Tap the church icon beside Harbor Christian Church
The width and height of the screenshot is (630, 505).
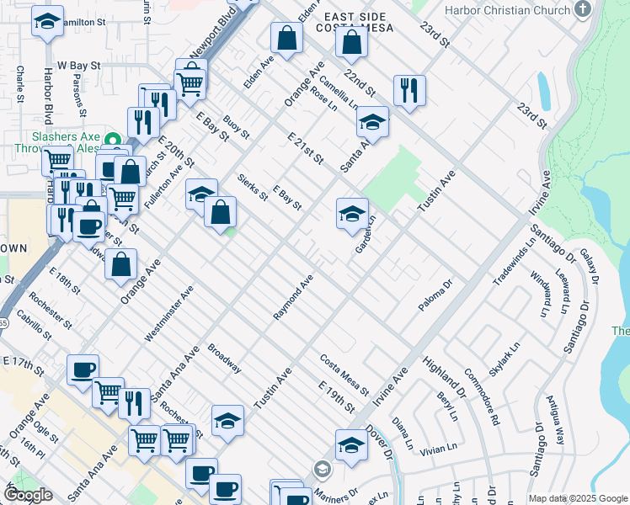pyautogui.click(x=581, y=9)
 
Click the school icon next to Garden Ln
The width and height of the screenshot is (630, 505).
pyautogui.click(x=353, y=213)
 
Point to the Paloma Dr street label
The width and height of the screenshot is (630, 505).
pyautogui.click(x=436, y=295)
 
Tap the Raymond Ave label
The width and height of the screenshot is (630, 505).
pyautogui.click(x=293, y=296)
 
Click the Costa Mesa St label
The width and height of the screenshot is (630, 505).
pyautogui.click(x=344, y=375)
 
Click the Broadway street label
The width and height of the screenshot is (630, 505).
pyautogui.click(x=225, y=359)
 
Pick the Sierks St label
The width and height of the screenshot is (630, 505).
pyautogui.click(x=252, y=187)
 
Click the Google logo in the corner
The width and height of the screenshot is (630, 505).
pyautogui.click(x=29, y=495)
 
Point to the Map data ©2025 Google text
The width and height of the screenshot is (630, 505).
pyautogui.click(x=577, y=498)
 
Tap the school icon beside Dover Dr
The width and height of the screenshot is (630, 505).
pyautogui.click(x=352, y=444)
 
